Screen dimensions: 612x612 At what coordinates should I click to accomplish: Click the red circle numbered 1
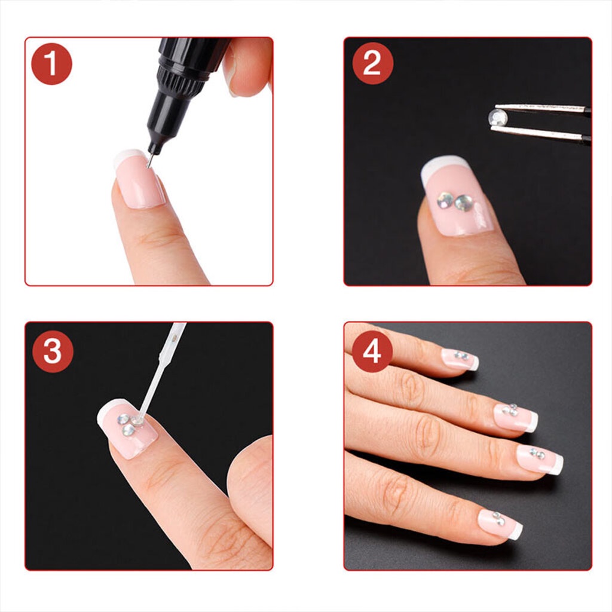click(51, 64)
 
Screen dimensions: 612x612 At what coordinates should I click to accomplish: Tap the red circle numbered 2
click(373, 63)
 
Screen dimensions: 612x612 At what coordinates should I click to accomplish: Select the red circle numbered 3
click(53, 351)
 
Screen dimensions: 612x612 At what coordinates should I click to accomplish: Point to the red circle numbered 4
click(372, 351)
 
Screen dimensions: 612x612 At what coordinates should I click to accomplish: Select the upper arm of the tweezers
click(543, 109)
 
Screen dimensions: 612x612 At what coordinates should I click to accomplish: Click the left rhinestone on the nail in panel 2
click(445, 200)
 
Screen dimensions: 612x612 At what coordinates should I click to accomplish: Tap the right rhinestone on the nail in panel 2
click(464, 203)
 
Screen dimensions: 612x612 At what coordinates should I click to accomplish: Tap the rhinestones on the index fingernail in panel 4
click(537, 454)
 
